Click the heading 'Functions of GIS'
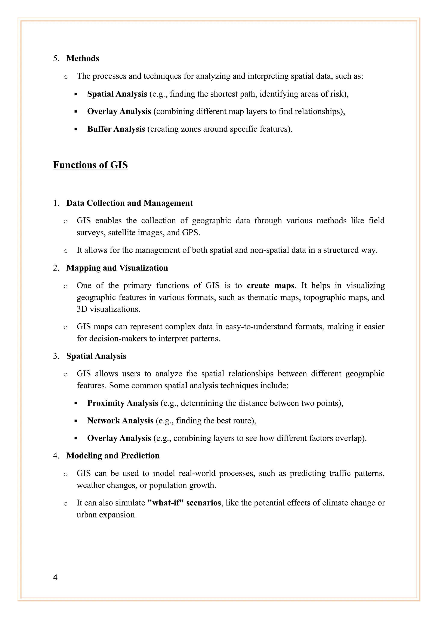(x=90, y=165)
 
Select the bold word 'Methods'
(x=83, y=59)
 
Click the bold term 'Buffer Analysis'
(x=116, y=129)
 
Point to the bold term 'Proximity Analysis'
(x=123, y=403)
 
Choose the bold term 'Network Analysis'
(x=120, y=421)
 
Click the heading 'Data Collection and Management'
(x=129, y=203)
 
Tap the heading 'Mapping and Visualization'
(x=117, y=268)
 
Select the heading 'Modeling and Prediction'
(x=113, y=456)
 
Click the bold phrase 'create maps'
(x=270, y=286)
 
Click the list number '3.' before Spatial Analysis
(x=56, y=356)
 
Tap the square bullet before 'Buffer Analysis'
(x=76, y=129)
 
